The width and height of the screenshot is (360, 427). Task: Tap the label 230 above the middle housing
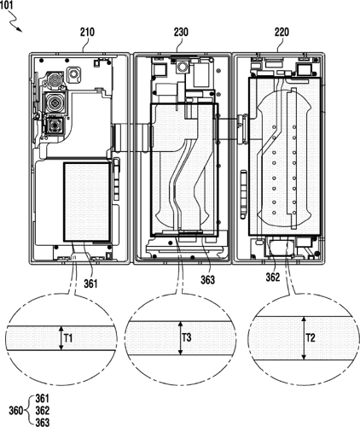pyautogui.click(x=180, y=35)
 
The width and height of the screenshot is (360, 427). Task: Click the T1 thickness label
pyautogui.click(x=70, y=338)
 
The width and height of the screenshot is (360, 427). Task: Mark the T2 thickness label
pyautogui.click(x=312, y=338)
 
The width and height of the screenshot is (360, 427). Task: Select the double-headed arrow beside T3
pyautogui.click(x=179, y=338)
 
